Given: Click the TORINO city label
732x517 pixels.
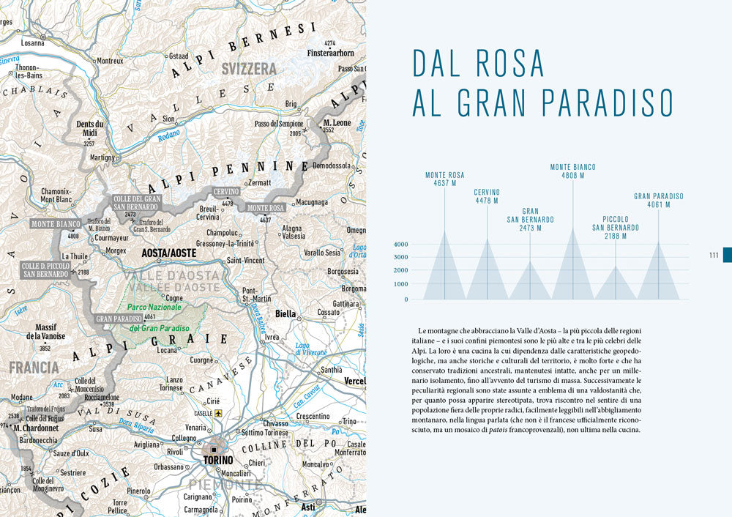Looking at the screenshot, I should (218, 461).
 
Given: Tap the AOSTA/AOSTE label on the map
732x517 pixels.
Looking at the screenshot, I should (168, 253).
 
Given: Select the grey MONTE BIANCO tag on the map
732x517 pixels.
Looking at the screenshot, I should (56, 224).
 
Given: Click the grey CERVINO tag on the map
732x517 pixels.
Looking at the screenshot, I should (226, 192).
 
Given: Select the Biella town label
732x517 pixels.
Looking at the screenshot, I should (285, 313).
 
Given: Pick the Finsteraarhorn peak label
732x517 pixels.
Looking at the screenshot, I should (330, 53).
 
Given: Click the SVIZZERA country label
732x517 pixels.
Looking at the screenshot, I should (250, 69).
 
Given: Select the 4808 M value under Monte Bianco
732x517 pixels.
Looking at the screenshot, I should (572, 176).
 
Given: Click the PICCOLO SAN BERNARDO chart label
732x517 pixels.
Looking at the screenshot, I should (615, 223).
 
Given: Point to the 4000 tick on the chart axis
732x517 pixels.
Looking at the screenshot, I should (400, 245).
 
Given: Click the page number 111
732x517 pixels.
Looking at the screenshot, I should (713, 255).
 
